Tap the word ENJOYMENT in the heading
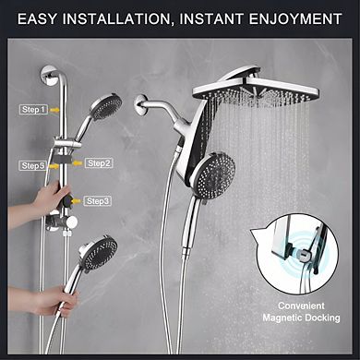[296, 17]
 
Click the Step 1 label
[34, 109]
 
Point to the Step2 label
[100, 163]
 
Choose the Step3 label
[97, 200]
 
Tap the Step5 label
[32, 165]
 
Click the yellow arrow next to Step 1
[56, 109]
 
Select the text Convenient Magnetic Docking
[299, 311]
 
